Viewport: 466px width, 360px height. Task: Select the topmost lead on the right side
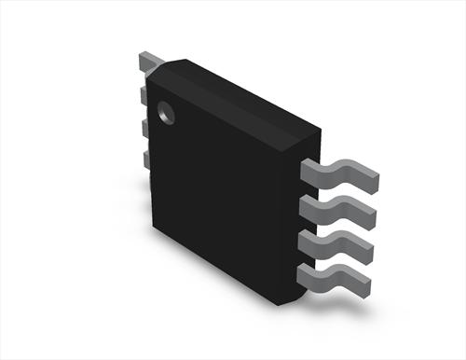340,171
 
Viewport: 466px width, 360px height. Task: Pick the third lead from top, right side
340,242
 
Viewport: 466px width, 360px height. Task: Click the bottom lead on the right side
340,277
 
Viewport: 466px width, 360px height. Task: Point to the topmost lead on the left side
146,62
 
